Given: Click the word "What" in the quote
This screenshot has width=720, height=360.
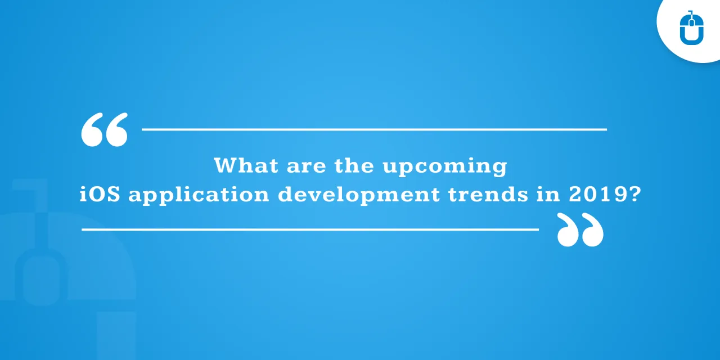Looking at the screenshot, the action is (246, 165).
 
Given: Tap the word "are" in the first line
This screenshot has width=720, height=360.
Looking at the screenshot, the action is (307, 167).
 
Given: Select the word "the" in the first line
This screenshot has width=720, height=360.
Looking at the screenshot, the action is (354, 165).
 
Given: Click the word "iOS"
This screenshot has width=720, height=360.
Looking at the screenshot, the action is (100, 194).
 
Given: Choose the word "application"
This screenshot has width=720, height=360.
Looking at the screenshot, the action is (199, 196).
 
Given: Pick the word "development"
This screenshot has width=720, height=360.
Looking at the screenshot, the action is (359, 196).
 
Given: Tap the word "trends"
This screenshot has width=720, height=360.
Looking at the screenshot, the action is (488, 195).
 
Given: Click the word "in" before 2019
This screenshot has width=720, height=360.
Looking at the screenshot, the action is (548, 195).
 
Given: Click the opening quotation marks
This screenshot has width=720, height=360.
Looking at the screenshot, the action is (105, 129).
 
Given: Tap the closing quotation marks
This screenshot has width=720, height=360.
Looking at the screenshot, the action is (580, 229).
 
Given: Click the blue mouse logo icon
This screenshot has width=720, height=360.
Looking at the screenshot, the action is (692, 28).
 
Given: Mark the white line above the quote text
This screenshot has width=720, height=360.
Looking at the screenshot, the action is (374, 129).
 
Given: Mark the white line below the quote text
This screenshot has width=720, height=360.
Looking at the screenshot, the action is (310, 229).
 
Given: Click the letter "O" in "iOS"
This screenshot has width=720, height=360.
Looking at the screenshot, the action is (96, 195).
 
